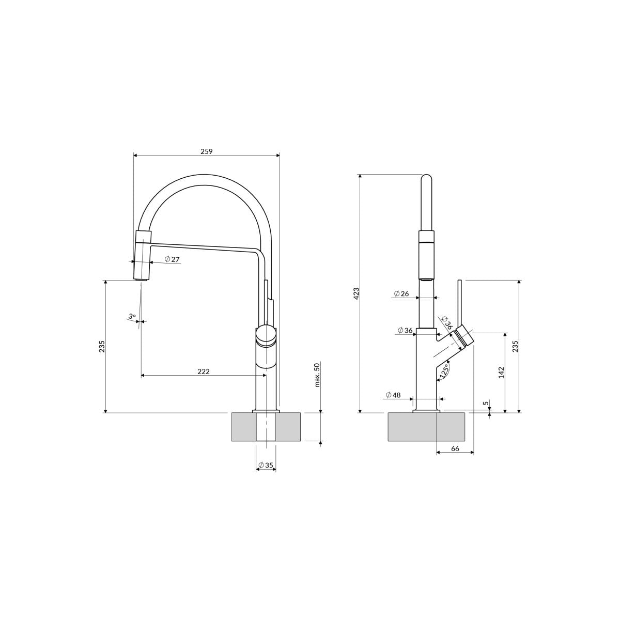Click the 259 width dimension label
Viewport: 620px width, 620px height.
coord(207,151)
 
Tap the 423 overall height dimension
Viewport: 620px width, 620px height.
coord(356,293)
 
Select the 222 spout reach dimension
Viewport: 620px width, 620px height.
coord(204,371)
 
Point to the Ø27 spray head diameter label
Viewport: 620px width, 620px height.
coord(172,259)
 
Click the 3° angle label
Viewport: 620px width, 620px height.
coord(132,317)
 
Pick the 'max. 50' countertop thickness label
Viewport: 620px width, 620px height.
coord(317,375)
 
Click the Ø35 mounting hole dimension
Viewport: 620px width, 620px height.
coord(266,465)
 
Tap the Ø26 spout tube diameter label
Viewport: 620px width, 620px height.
coord(401,293)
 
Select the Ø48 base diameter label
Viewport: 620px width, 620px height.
coord(393,395)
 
